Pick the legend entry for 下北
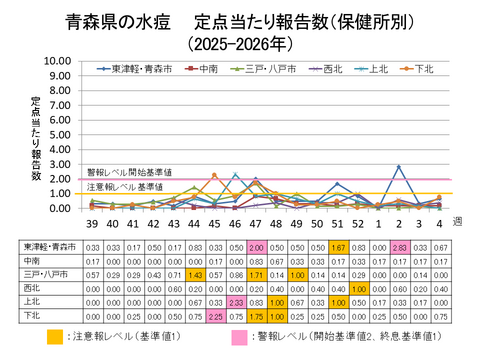[x=420, y=69]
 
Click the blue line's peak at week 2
[x=399, y=167]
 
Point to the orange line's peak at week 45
[x=215, y=175]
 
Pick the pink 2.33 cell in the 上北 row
[x=236, y=300]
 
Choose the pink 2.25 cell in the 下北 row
[x=215, y=313]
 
